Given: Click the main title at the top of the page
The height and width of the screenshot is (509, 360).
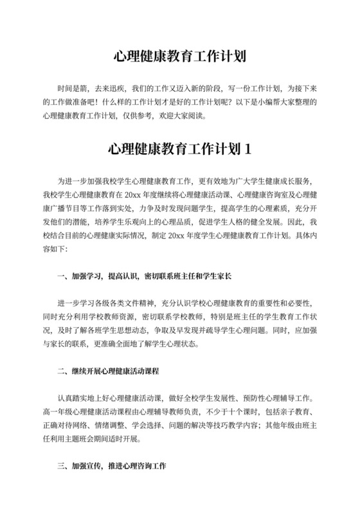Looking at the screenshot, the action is coord(180,56).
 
